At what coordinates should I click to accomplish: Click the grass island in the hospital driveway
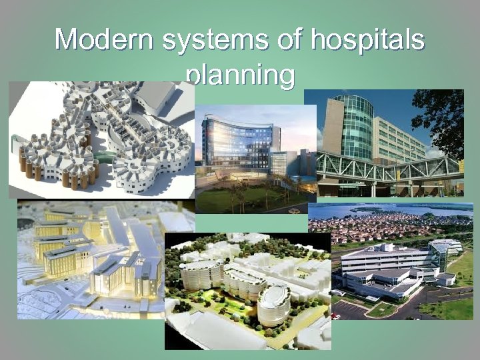pos(382,309)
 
